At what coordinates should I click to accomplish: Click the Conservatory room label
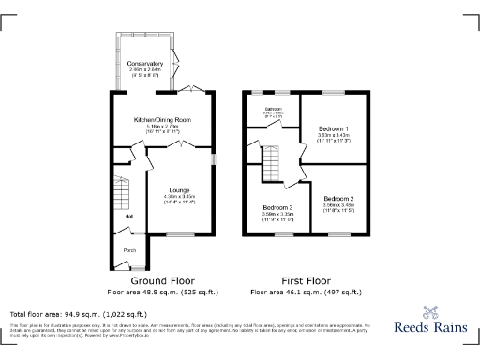[144, 64]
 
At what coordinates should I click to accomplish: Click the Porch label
[128, 249]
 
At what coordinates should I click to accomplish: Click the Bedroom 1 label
[333, 128]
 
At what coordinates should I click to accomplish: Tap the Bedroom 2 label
[338, 199]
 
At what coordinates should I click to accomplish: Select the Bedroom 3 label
[277, 207]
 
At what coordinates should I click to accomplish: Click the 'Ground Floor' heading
[162, 280]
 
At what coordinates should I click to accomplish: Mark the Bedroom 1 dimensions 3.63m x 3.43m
[333, 136]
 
